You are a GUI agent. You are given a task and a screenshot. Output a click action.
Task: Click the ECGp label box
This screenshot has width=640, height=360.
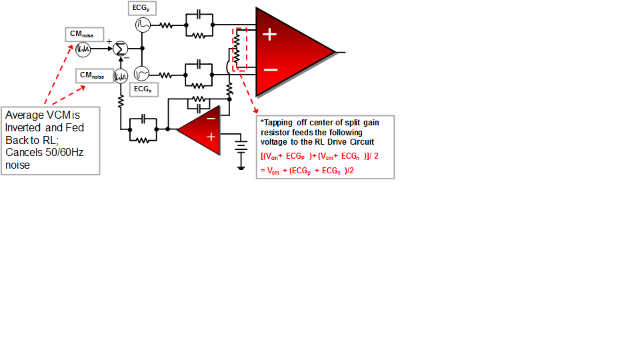click(141, 9)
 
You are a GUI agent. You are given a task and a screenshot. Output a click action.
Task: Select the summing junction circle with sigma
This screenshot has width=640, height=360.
click(120, 49)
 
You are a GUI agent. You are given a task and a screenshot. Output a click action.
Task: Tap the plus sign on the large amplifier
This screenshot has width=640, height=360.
click(269, 35)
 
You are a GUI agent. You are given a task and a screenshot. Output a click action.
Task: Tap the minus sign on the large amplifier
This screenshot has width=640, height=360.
click(270, 69)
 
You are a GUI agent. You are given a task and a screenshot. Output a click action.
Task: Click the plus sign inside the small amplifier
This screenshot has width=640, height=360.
click(211, 137)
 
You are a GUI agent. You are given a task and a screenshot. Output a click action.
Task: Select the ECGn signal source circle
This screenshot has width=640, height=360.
click(142, 73)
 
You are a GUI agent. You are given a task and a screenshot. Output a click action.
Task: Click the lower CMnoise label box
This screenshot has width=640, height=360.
click(93, 75)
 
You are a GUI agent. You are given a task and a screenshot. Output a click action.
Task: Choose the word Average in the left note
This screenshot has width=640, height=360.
click(23, 115)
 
